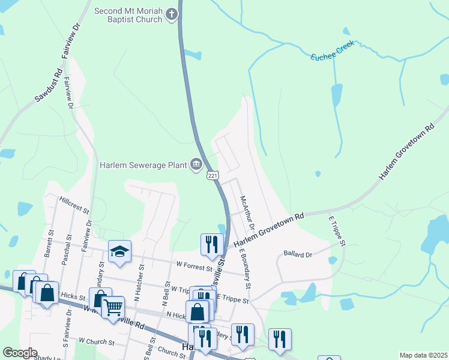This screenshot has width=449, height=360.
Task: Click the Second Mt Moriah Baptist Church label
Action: [128, 16]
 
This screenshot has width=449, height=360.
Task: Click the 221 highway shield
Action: [213, 175]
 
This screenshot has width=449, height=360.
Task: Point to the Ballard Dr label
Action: [298, 254]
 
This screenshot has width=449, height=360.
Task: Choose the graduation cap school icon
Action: [119, 252]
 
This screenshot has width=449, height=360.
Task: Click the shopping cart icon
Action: [112, 307]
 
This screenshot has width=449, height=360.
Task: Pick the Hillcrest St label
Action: [74, 205]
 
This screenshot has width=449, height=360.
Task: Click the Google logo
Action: [20, 353]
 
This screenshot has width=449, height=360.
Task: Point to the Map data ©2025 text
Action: [423, 355]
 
